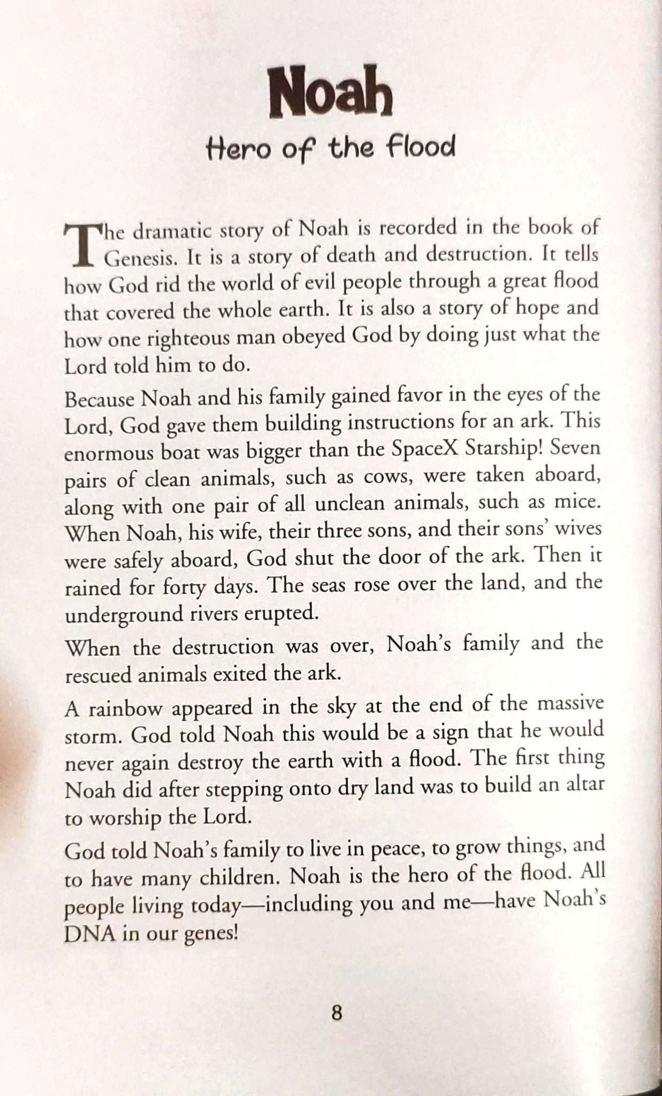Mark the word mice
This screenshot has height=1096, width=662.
pyautogui.click(x=577, y=502)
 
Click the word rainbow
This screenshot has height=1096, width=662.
pyautogui.click(x=125, y=709)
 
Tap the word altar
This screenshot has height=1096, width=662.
pyautogui.click(x=583, y=784)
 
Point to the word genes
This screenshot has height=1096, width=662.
pyautogui.click(x=210, y=934)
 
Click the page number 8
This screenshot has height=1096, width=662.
pyautogui.click(x=337, y=1013)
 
